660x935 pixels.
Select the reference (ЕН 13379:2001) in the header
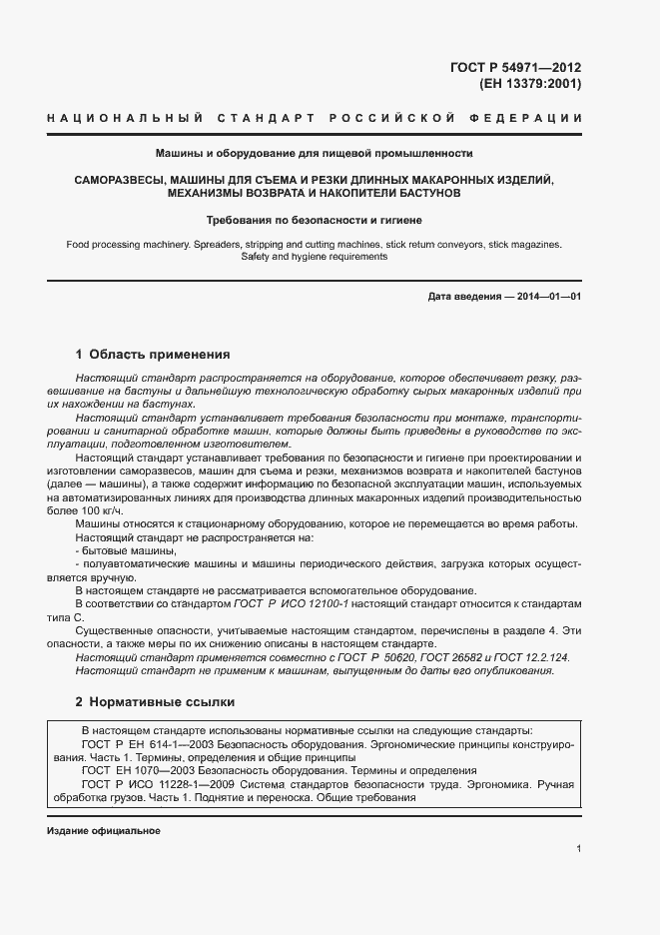529,84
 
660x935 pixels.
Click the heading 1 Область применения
153,354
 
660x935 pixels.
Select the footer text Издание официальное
103,831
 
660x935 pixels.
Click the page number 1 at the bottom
578,849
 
